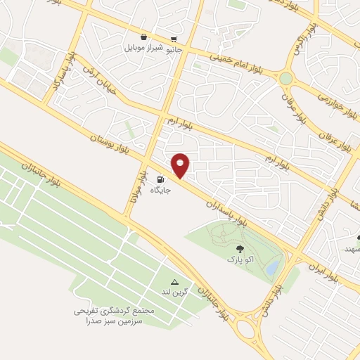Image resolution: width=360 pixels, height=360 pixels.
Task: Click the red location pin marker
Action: click(181, 165)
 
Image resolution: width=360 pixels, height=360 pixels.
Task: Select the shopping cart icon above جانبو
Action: click(174, 39)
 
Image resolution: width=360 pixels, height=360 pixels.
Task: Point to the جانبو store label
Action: click(173, 50)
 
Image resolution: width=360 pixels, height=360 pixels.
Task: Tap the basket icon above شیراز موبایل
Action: click(143, 37)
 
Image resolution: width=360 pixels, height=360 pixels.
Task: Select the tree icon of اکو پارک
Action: click(240, 248)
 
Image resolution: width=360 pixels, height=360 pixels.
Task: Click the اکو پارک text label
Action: click(238, 259)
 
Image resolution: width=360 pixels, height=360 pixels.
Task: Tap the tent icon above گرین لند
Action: click(174, 281)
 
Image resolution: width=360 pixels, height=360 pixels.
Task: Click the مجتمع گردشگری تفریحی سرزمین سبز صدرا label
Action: click(109, 315)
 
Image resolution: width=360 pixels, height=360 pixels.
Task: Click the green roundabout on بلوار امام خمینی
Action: click(285, 78)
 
